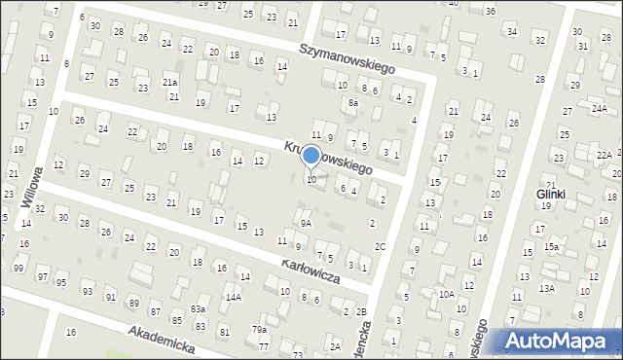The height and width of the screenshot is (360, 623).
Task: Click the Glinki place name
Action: point(551,195)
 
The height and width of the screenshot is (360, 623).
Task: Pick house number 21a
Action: point(169,83)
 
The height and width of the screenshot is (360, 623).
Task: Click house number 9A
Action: point(306,223)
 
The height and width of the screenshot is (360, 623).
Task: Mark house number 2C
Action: point(380,246)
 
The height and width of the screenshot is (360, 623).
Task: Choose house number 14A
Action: point(233,297)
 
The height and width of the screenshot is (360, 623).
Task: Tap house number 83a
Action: point(198,308)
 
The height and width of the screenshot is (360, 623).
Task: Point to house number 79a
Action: point(260,330)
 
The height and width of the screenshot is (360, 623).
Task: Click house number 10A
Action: point(446,293)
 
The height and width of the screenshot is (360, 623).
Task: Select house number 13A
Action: point(547,288)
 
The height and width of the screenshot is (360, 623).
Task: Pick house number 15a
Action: point(551,247)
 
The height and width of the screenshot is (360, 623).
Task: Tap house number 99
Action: point(18,268)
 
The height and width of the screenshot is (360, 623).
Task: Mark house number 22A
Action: point(604,155)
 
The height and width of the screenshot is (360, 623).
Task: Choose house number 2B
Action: point(361,311)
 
